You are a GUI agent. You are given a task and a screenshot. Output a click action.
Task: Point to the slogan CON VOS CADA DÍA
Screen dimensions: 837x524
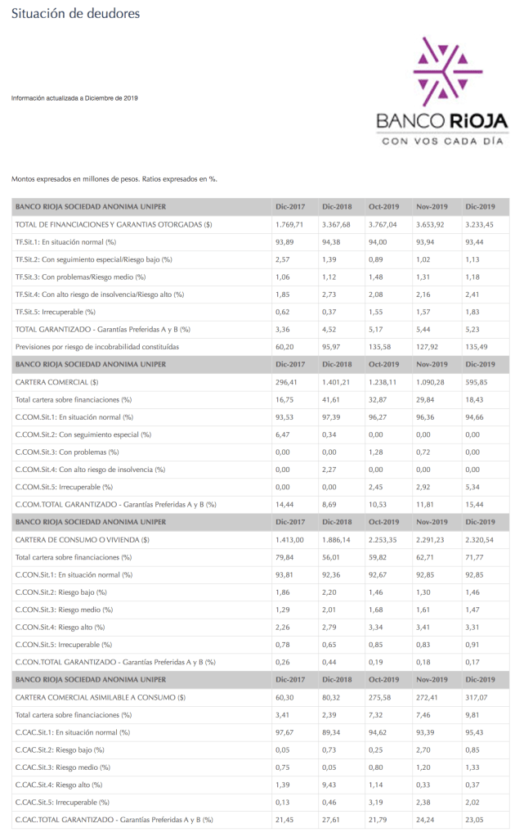tap(441, 141)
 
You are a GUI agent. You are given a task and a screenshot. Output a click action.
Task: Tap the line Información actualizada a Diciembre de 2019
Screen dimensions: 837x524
tap(74, 98)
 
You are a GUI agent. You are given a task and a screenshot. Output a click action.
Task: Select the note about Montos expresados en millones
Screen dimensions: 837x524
tap(114, 178)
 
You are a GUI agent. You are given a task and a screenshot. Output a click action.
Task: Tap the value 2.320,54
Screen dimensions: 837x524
tap(480, 540)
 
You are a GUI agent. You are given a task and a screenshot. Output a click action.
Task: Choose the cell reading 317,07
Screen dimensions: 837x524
tap(477, 698)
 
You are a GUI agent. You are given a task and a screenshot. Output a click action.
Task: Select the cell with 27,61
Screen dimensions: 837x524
tap(333, 820)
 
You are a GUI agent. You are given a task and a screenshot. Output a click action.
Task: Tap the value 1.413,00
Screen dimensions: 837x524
tap(289, 540)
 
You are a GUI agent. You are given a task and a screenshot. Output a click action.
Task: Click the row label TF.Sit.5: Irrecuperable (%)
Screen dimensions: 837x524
tap(56, 312)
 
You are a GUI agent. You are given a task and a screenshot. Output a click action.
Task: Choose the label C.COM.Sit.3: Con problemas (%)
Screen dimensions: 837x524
tap(67, 452)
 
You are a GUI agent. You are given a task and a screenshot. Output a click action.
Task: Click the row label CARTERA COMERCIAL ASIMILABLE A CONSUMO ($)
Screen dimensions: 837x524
tap(101, 698)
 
